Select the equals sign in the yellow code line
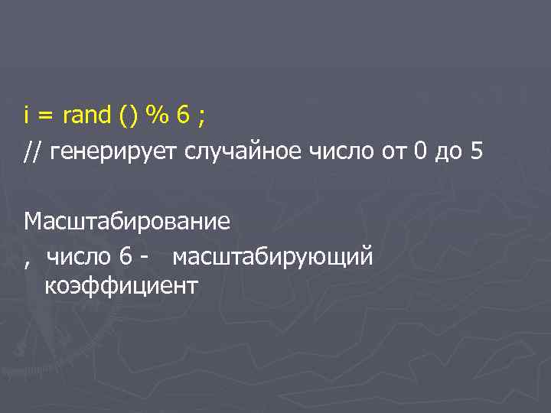(45, 117)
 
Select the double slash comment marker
(33, 153)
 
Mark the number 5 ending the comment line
(478, 153)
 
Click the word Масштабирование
(127, 222)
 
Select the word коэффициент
(121, 286)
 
